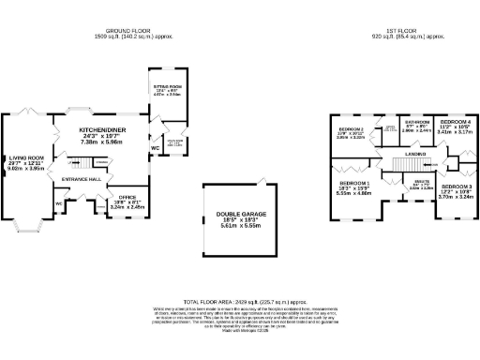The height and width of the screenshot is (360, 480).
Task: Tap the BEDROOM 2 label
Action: click(351, 128)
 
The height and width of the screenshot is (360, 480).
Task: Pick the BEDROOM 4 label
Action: click(456, 123)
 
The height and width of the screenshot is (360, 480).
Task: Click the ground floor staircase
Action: click(85, 164)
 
